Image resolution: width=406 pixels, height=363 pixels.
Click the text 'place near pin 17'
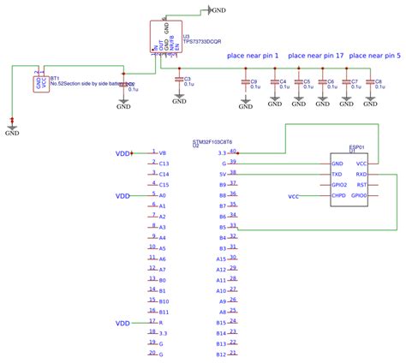tap(317, 56)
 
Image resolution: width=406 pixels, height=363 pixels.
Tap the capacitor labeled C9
tap(246, 82)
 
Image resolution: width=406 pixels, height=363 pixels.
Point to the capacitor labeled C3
tap(177, 81)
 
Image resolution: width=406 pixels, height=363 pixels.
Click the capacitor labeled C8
tap(371, 82)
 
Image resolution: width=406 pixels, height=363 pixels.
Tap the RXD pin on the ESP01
tap(361, 173)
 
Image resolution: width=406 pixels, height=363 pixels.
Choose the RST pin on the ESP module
tap(361, 184)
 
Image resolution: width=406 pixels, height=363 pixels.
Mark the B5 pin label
tap(222, 227)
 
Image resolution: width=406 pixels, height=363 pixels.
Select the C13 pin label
tap(164, 163)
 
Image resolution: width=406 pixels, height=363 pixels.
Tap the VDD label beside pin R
tap(123, 323)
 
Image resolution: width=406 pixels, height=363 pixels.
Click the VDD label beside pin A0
tap(123, 195)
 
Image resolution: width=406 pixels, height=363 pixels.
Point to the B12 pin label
tap(221, 354)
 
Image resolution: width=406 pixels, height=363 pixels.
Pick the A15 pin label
tap(221, 259)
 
